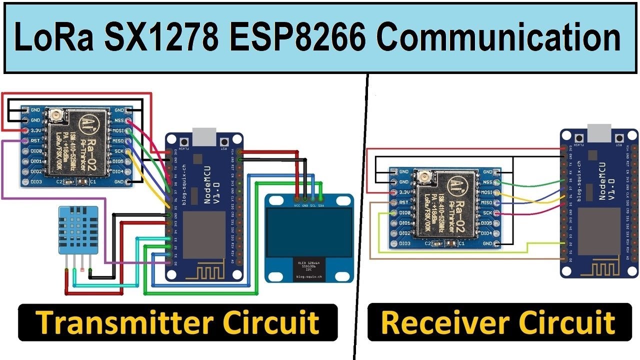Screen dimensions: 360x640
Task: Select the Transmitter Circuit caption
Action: click(178, 322)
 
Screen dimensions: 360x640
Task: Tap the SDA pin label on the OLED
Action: click(320, 205)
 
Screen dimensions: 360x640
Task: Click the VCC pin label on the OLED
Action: click(297, 205)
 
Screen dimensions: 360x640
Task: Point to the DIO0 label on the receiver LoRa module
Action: click(404, 213)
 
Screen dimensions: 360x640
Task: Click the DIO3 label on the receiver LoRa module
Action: click(404, 243)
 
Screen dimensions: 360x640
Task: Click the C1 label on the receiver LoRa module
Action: click(460, 243)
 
